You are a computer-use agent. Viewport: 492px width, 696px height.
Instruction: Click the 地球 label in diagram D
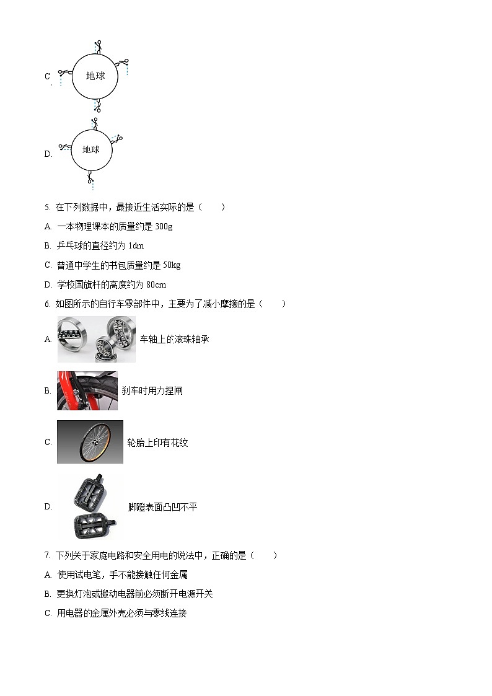(91, 149)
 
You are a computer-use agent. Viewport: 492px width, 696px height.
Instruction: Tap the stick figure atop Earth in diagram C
(97, 46)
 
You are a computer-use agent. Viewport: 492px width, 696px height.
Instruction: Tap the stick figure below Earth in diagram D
(91, 181)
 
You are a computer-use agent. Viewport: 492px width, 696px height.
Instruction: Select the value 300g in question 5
(164, 227)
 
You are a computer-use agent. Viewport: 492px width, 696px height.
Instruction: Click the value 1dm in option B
(136, 246)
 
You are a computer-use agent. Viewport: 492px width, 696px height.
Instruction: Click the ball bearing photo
(96, 339)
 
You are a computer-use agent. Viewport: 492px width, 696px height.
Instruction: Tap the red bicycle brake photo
(87, 390)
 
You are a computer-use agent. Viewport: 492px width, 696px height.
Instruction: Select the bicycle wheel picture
(90, 442)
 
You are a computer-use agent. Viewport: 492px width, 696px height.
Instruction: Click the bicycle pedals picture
(90, 506)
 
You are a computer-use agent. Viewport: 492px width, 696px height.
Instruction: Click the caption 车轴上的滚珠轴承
(174, 340)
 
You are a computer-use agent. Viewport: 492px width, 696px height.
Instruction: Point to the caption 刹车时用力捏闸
(152, 391)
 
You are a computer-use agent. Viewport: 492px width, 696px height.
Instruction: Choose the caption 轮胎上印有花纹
(157, 443)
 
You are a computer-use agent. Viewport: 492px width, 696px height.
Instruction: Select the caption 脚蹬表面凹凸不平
(162, 507)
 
